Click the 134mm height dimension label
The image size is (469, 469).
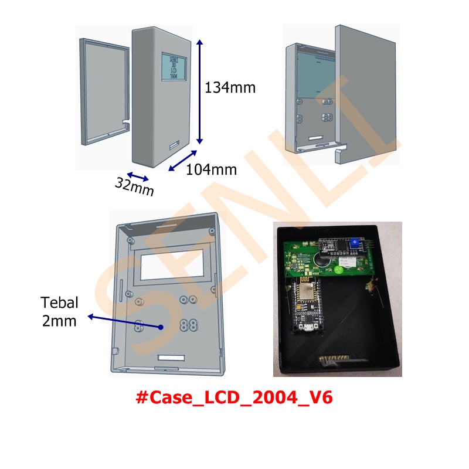[230, 88]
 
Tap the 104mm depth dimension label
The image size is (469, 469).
[211, 170]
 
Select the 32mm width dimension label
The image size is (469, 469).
[134, 186]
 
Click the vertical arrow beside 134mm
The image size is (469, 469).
[200, 91]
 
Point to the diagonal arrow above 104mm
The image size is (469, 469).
[183, 159]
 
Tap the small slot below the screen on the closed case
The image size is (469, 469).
[174, 144]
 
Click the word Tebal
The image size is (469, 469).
[59, 303]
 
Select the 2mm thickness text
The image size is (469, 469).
[59, 321]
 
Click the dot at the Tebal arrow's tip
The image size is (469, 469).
[160, 327]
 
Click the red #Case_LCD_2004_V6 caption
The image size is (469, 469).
[234, 398]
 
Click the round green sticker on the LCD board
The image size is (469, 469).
[339, 271]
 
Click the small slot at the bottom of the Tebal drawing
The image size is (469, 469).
[172, 357]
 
